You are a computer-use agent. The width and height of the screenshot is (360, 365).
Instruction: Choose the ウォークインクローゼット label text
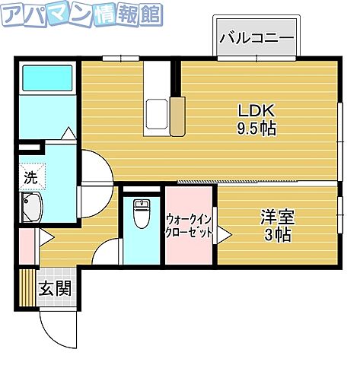coord(190,227)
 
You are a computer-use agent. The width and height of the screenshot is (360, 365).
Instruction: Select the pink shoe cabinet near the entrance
coord(26,245)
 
